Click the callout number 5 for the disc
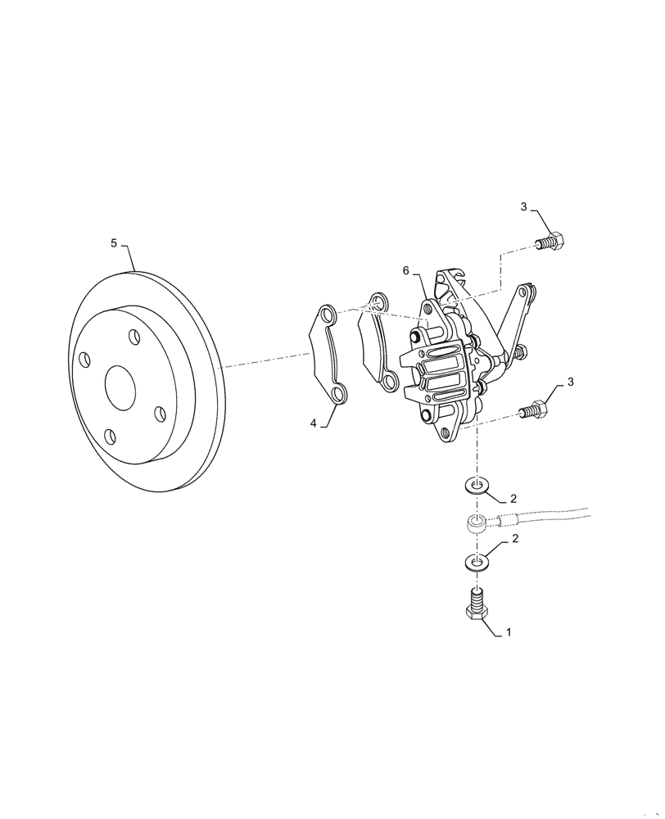[x=115, y=242]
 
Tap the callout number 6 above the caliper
[x=405, y=271]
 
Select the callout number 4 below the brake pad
[x=314, y=423]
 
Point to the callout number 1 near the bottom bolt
[x=509, y=632]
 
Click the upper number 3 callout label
[x=524, y=206]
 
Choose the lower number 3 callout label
[x=571, y=382]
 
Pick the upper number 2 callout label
[x=513, y=497]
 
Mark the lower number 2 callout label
[x=513, y=539]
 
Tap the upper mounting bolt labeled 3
[x=551, y=242]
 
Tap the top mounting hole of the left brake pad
[x=326, y=314]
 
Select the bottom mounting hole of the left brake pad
[x=338, y=397]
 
